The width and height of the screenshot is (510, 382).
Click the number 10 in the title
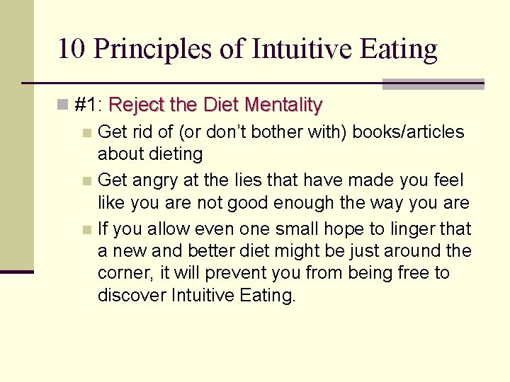(72, 49)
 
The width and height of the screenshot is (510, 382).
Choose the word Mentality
(283, 105)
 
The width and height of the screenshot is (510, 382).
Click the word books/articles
(409, 132)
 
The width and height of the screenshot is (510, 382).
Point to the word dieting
(178, 154)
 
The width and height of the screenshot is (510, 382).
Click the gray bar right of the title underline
(433, 84)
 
